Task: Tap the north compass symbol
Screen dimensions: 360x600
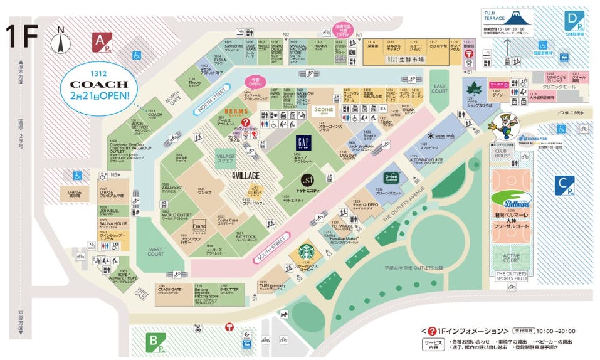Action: point(60,42)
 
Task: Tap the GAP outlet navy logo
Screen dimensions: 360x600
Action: point(303,142)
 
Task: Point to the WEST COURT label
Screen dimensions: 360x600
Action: point(155,251)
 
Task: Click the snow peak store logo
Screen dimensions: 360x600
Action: point(441,136)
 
